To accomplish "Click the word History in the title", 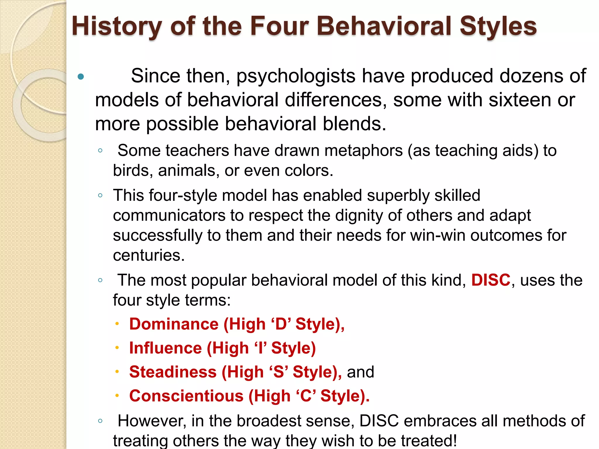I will [x=117, y=27].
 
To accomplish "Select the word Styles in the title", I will [x=498, y=27].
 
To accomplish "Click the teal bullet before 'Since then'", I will [x=81, y=77].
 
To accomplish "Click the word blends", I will [x=354, y=124].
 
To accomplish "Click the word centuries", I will [x=149, y=255].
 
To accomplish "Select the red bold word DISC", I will [x=491, y=280].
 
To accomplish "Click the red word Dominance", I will [x=174, y=324].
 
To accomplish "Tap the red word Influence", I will [x=166, y=348].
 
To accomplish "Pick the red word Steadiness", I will [x=173, y=372].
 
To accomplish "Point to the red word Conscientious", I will [x=186, y=396].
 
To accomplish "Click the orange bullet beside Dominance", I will [x=117, y=324].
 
